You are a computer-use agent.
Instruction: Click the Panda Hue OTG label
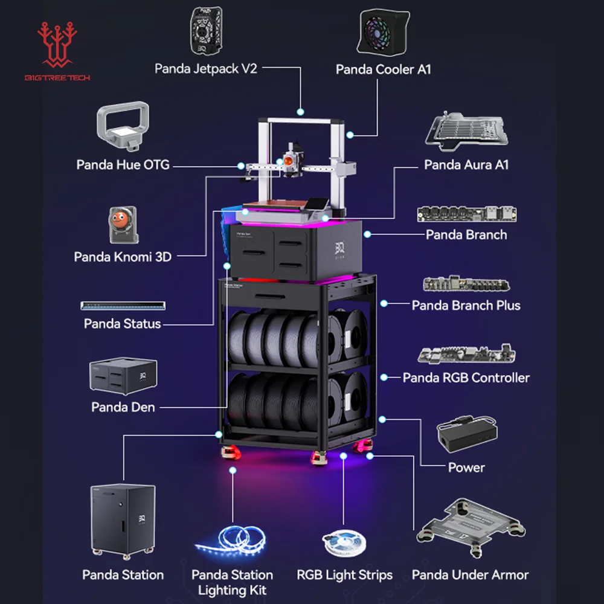123,164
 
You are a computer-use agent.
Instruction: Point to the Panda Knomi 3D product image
123,226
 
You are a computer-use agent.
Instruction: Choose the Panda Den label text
123,407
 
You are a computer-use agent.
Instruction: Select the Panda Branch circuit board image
466,214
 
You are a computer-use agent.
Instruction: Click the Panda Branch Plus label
466,305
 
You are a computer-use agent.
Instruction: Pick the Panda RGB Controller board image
466,355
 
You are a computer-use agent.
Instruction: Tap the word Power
466,467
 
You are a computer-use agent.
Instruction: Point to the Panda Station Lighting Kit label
232,582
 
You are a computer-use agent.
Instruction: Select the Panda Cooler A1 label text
384,69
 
